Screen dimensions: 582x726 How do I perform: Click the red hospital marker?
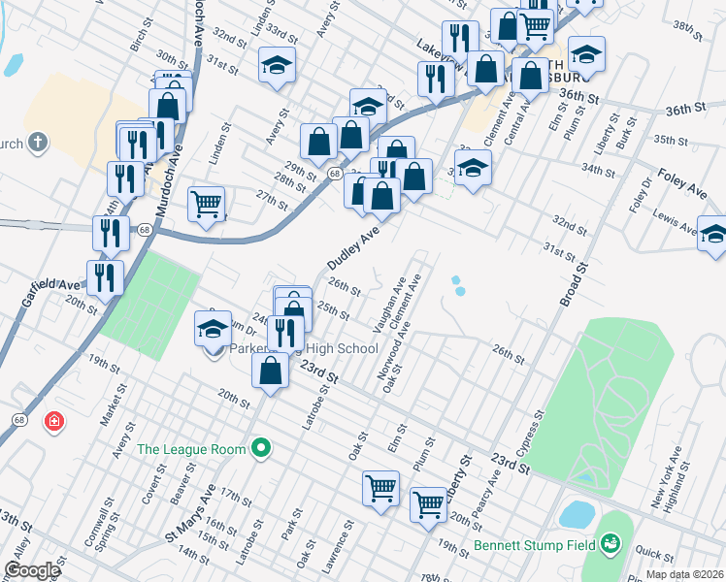point(55,421)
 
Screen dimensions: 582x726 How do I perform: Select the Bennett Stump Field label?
point(534,545)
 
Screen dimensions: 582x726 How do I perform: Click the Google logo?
point(31,570)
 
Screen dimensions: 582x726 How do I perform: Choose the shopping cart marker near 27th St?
point(206,205)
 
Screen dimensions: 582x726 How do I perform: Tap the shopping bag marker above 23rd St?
point(270,370)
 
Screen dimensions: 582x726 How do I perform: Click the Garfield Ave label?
point(58,285)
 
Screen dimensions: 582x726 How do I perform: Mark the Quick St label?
point(655,555)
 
